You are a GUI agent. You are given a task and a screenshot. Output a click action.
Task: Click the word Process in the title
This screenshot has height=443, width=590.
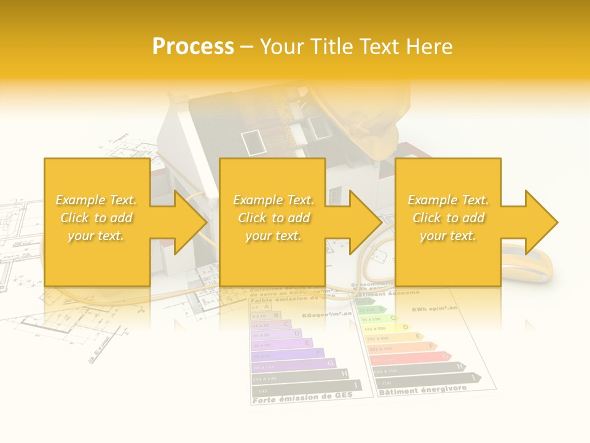click(193, 47)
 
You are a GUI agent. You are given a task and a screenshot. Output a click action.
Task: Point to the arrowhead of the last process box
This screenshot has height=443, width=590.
click(540, 222)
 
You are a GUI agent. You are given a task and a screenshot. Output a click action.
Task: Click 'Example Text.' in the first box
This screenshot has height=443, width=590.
click(96, 200)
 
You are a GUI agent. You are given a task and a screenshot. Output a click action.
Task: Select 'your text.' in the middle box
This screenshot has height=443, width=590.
click(273, 236)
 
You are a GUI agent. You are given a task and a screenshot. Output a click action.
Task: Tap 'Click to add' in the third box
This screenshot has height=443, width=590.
click(448, 218)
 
